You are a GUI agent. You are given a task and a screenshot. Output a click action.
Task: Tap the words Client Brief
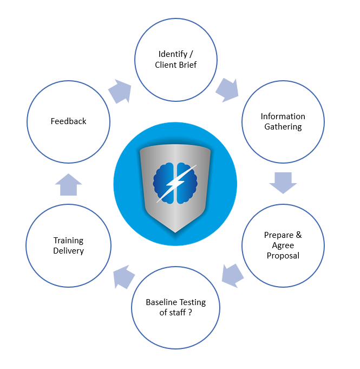176,65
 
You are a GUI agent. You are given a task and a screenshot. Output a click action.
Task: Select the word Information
283,116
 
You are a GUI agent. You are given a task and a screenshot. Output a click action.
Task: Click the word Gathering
283,127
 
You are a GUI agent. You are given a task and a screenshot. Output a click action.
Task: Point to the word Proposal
283,255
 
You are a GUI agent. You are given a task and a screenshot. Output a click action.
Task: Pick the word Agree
283,245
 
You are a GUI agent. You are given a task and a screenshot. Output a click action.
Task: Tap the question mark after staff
190,313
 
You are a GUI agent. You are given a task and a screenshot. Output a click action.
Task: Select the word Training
68,240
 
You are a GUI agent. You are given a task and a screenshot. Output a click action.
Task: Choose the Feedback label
68,121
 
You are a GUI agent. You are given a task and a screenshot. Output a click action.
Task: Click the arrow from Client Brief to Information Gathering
227,90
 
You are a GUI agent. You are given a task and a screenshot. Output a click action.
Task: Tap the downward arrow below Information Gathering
283,183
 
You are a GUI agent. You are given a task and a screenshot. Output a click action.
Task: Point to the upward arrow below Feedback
68,185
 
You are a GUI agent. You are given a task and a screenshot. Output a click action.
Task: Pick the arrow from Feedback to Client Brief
120,92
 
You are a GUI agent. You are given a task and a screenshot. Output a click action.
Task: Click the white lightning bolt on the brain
174,183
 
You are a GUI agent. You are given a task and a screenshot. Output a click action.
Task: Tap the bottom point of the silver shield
175,231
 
